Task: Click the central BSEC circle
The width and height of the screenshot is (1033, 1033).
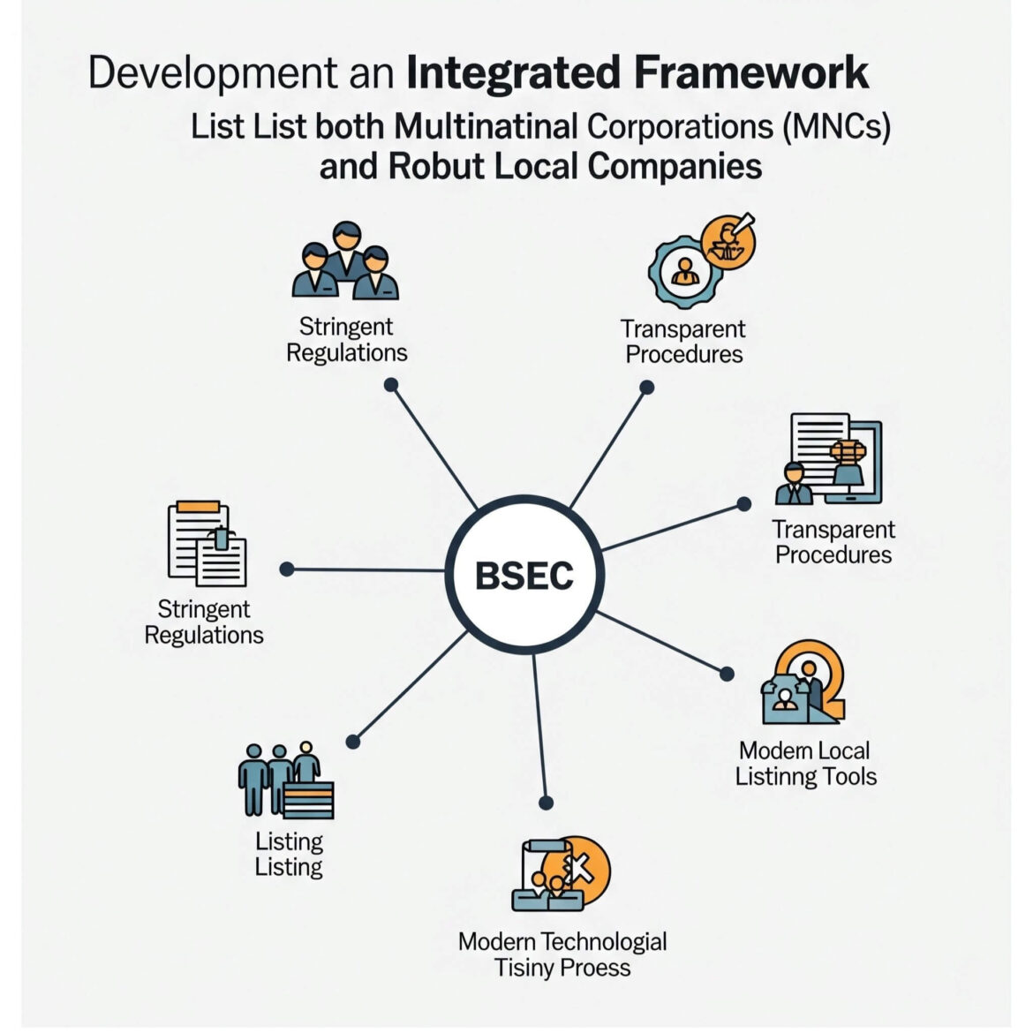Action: click(524, 575)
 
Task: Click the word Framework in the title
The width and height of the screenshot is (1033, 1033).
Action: click(750, 72)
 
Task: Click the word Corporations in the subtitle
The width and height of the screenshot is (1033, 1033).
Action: click(679, 126)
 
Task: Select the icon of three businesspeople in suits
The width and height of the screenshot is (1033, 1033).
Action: click(345, 262)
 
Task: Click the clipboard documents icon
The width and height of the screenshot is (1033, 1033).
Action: click(207, 545)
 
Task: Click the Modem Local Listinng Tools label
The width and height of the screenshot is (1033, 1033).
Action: click(805, 764)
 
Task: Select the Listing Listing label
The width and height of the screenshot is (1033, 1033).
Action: click(289, 854)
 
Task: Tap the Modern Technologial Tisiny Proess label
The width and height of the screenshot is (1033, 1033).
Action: click(562, 954)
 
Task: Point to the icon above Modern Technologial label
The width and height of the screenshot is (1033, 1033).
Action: click(562, 874)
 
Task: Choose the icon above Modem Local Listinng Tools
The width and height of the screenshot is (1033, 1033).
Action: click(803, 682)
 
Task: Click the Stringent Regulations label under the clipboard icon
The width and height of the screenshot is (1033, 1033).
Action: click(204, 622)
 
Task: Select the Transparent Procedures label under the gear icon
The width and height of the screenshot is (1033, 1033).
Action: click(682, 342)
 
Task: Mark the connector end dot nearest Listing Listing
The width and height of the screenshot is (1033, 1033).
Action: click(353, 742)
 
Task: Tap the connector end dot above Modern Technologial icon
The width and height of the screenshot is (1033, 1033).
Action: click(546, 803)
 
